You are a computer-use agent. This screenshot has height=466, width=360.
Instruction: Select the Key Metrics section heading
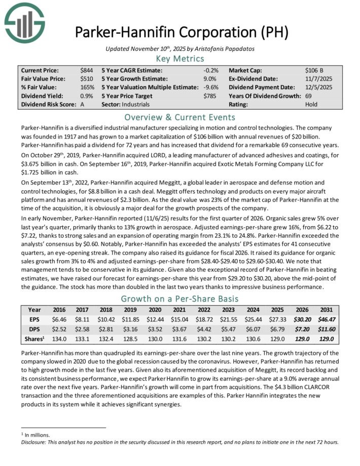click(x=181, y=59)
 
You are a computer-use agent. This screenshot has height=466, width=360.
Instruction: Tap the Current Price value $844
click(x=86, y=70)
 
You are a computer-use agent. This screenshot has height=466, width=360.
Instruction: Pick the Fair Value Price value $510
click(x=86, y=79)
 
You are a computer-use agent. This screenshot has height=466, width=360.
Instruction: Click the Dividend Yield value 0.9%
click(x=86, y=96)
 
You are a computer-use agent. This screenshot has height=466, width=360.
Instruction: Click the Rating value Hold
click(x=312, y=104)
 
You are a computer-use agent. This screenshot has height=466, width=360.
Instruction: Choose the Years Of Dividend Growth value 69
click(x=309, y=96)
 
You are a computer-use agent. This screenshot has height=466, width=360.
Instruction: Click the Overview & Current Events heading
click(x=180, y=117)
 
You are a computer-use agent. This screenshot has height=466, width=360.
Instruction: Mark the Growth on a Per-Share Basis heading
click(x=180, y=299)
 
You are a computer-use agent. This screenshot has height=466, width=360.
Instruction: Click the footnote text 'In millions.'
click(x=37, y=435)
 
